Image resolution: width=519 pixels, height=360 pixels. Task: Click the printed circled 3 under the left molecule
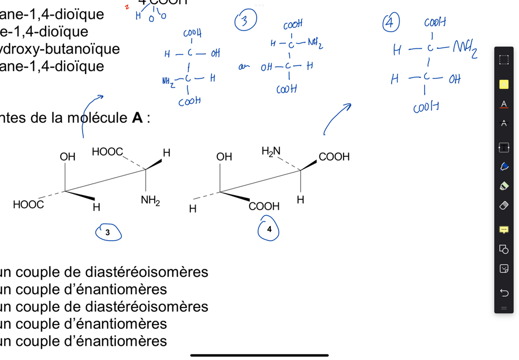107,233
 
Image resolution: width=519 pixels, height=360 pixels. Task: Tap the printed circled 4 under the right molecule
268,229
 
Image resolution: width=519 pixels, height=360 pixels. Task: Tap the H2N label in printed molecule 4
270,151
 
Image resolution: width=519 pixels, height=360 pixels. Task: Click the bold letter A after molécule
138,118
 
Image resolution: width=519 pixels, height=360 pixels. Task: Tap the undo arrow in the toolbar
503,293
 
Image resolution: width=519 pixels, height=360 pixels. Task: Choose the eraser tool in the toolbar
503,206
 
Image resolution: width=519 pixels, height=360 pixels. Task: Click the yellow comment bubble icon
503,229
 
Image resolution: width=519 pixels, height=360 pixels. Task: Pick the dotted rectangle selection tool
503,60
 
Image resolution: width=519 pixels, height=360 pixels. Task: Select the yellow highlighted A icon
503,85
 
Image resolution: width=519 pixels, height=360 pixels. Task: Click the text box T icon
503,148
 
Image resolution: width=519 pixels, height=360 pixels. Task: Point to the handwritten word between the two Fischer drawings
241,66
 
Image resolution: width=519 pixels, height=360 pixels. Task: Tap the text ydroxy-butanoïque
60,49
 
